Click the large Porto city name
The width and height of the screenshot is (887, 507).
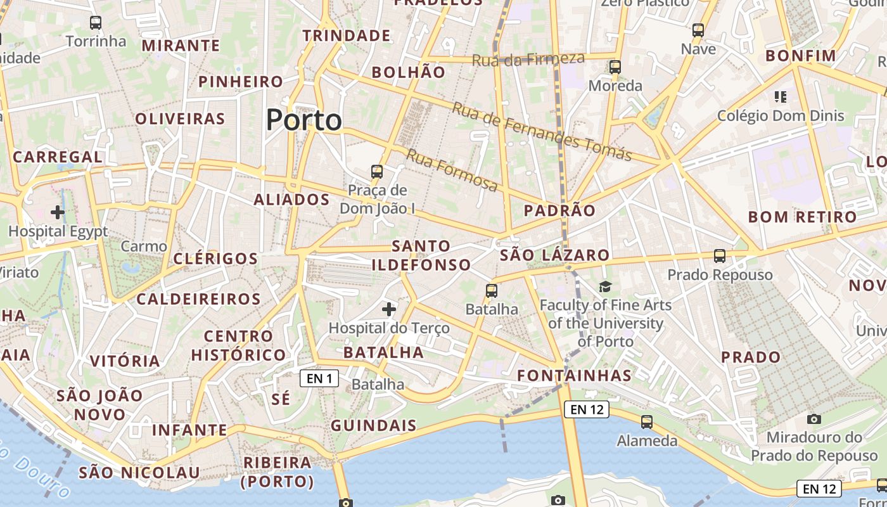(303, 120)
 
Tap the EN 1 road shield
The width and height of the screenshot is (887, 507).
(319, 379)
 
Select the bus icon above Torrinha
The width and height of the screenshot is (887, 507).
(96, 23)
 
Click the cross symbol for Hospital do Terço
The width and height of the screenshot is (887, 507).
(389, 309)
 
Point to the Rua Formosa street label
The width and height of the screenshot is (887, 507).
(452, 170)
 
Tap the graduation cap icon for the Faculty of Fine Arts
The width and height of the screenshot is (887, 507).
(606, 287)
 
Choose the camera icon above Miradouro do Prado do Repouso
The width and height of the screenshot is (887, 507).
(814, 419)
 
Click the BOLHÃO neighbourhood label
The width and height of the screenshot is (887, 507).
(409, 72)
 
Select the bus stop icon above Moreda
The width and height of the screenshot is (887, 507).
(615, 67)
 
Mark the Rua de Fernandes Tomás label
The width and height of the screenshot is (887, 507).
(542, 131)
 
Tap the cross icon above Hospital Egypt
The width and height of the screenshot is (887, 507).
(58, 212)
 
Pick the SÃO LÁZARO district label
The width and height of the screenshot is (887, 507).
(554, 255)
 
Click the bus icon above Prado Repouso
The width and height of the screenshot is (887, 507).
(720, 256)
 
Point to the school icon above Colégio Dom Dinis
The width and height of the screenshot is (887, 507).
(781, 97)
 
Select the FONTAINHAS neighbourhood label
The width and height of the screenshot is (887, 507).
(574, 376)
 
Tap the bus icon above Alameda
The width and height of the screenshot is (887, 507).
(647, 422)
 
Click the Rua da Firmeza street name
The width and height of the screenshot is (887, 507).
(528, 60)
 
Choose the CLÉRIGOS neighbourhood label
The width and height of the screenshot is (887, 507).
(215, 259)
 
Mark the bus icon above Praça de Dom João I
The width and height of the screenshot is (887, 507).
(377, 172)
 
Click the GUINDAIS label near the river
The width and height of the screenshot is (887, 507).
(374, 425)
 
